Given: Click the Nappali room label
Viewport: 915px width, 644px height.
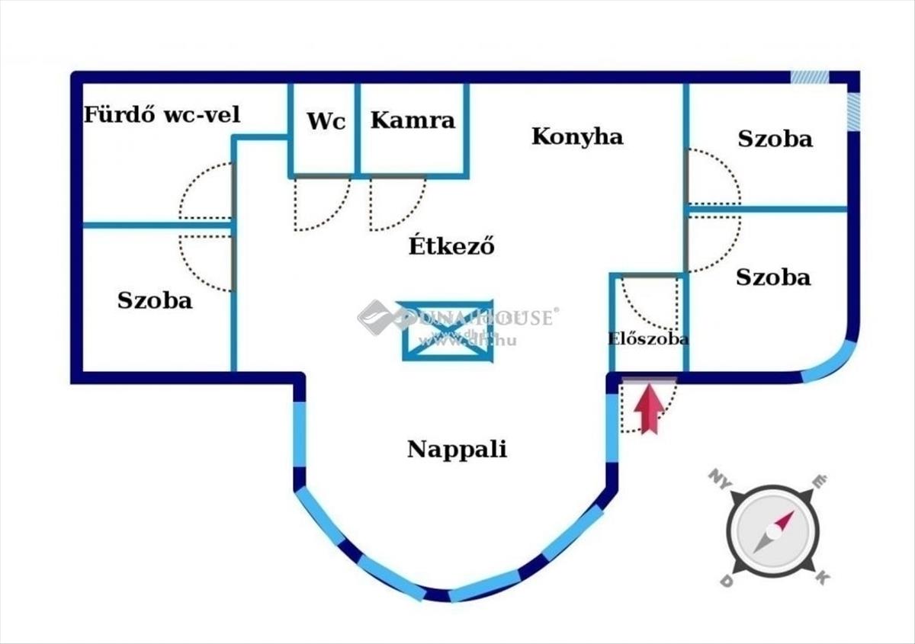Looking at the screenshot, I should [x=457, y=449].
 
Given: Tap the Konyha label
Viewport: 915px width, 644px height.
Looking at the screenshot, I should [x=577, y=136].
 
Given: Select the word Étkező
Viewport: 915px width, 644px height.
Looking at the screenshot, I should [x=452, y=246].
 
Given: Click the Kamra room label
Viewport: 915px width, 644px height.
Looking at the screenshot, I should [x=413, y=120].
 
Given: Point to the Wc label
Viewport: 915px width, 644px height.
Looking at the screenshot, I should [x=326, y=120].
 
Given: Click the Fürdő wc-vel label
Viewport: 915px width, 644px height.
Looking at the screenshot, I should [x=162, y=115].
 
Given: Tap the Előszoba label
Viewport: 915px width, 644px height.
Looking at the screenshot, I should [x=648, y=339].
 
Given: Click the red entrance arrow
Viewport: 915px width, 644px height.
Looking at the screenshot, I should [x=648, y=410].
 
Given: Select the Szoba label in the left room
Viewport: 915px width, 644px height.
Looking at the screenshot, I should [x=155, y=300].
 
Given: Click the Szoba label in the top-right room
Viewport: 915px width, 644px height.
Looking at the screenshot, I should [x=775, y=139].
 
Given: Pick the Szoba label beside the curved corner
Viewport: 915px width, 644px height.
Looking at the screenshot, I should [x=773, y=277].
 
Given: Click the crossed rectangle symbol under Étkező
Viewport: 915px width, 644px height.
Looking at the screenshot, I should [x=448, y=330].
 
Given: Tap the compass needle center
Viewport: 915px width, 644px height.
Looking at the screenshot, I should [x=773, y=530].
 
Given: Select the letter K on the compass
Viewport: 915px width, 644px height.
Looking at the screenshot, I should [x=821, y=578].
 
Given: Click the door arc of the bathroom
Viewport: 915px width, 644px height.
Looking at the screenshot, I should [x=204, y=192].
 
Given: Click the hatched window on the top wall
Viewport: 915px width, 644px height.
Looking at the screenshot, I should [x=809, y=77].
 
